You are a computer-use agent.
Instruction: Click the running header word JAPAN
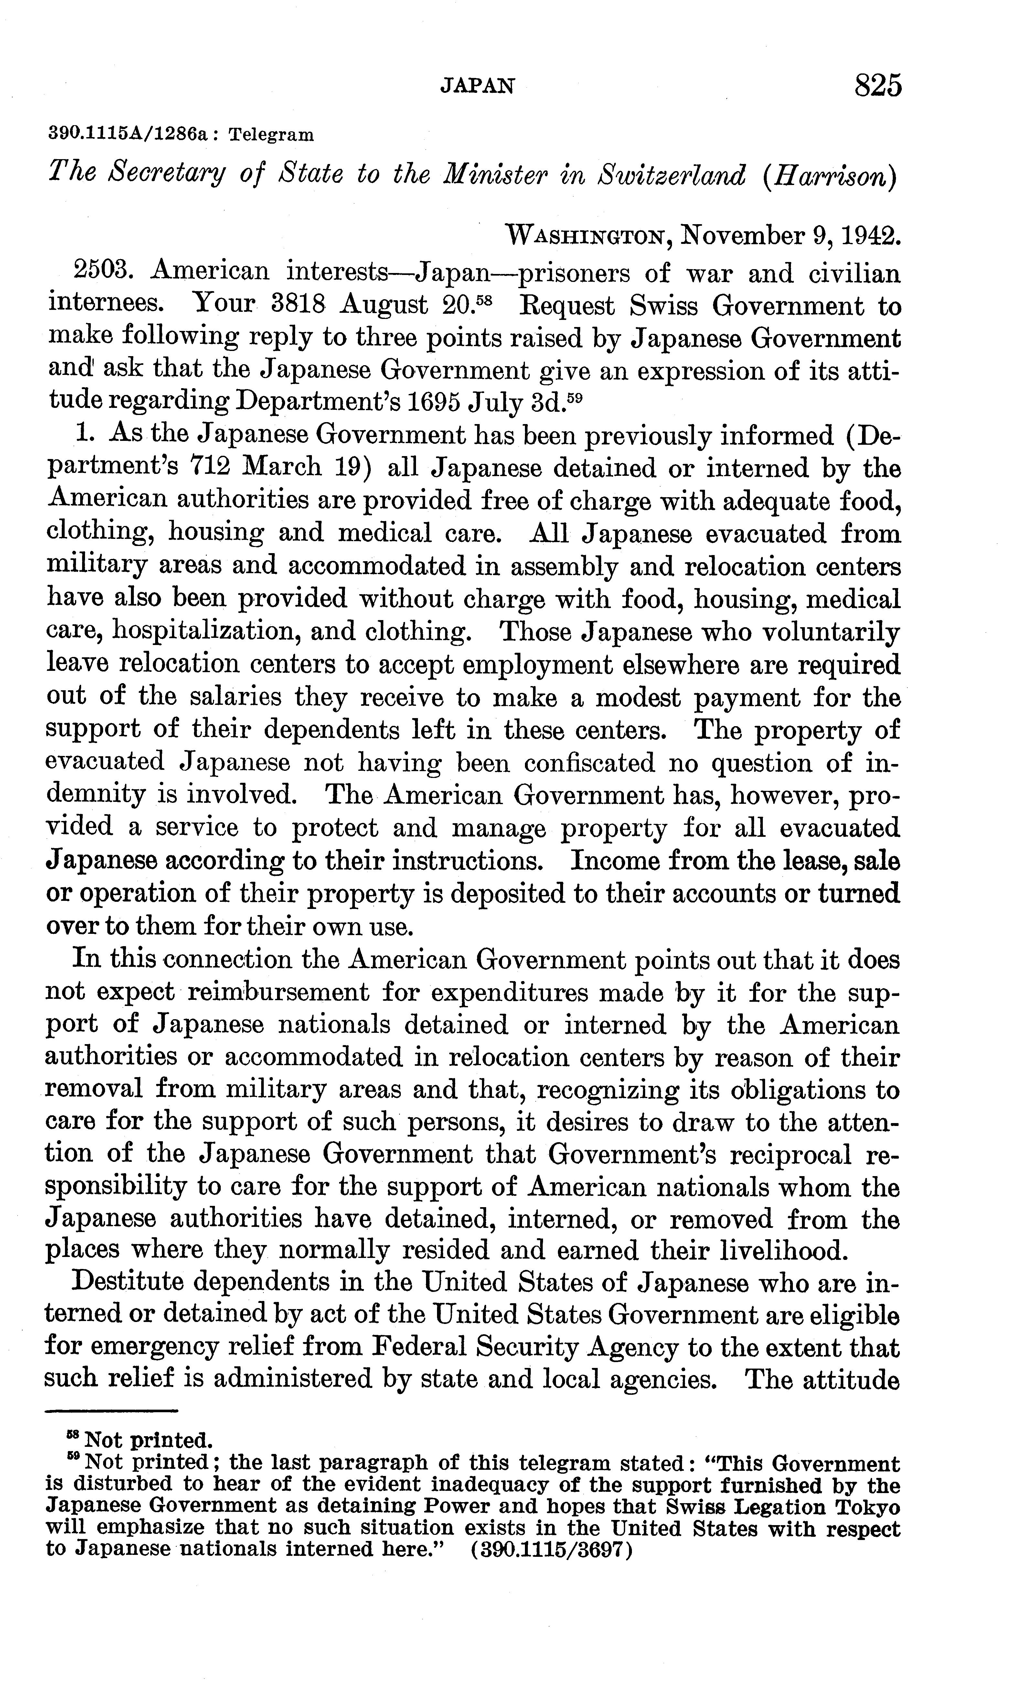coord(477,85)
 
